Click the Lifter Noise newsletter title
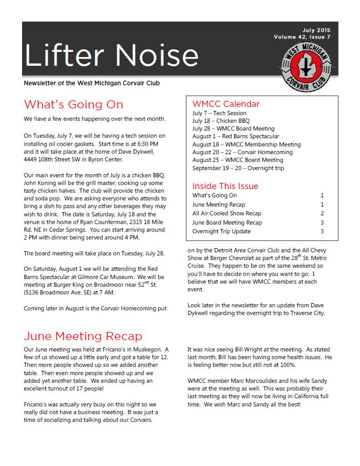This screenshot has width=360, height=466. click(111, 55)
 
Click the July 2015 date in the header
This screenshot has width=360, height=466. click(317, 30)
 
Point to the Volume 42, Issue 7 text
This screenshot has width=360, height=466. click(302, 37)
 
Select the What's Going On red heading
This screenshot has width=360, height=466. click(73, 105)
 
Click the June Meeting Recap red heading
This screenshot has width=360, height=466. click(83, 337)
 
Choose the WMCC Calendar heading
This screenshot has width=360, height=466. click(226, 104)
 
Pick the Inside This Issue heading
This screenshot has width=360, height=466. click(225, 186)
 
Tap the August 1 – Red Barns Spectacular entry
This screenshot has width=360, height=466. click(236, 137)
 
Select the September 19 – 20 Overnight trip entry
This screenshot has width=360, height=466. click(238, 168)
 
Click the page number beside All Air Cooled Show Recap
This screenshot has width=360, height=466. click(322, 213)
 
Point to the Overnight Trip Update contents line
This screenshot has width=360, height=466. click(221, 231)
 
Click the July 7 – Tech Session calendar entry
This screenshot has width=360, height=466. click(219, 113)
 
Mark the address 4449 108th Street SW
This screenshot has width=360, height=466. click(58, 160)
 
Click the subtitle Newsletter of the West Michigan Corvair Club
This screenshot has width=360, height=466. click(95, 83)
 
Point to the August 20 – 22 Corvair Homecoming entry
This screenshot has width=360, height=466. click(242, 152)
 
